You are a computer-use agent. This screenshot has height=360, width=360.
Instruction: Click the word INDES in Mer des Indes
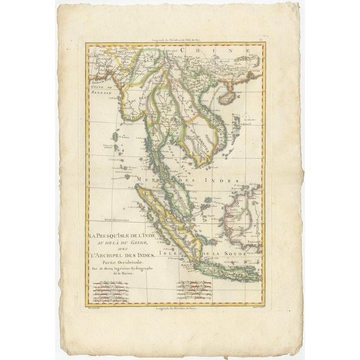tap(224, 181)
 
